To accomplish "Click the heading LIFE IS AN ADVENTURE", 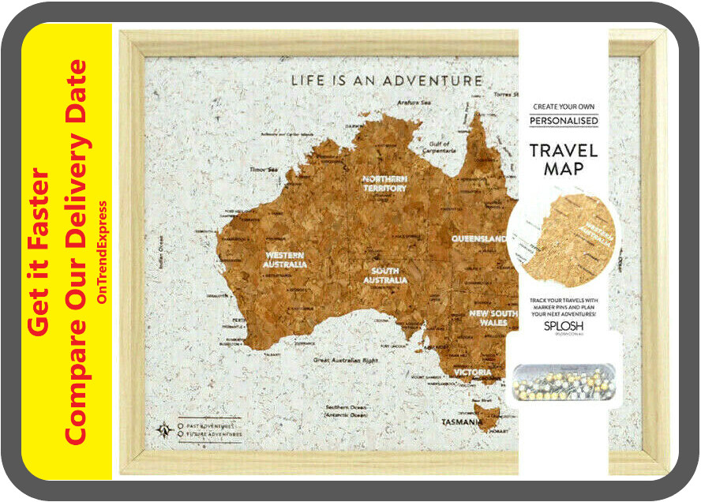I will [x=386, y=81].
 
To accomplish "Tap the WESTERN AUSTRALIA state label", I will [x=285, y=260].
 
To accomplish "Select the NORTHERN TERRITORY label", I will [x=384, y=184].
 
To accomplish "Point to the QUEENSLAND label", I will [x=479, y=238].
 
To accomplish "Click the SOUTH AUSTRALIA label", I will [x=385, y=275].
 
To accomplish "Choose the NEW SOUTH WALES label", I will [x=493, y=319].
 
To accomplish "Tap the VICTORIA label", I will [x=471, y=373].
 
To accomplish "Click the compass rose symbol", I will [x=164, y=430].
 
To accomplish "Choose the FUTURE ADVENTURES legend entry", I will [x=212, y=434].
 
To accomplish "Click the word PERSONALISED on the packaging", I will [x=564, y=121].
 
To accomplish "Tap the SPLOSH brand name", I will [x=564, y=325].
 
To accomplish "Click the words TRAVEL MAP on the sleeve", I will [x=563, y=159].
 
